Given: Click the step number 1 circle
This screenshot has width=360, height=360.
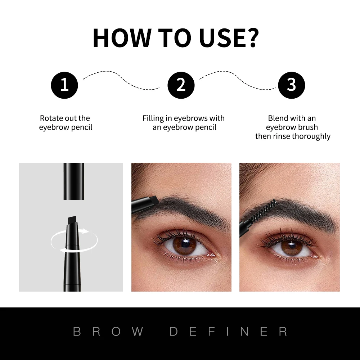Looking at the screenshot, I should click(x=64, y=85).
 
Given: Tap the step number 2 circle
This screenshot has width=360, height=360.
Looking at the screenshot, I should click(x=181, y=85).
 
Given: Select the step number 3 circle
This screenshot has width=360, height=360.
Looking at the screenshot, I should click(x=291, y=85).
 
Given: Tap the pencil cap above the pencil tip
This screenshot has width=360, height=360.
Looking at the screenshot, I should click(x=74, y=181).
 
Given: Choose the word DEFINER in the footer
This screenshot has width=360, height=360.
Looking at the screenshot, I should click(x=229, y=332).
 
